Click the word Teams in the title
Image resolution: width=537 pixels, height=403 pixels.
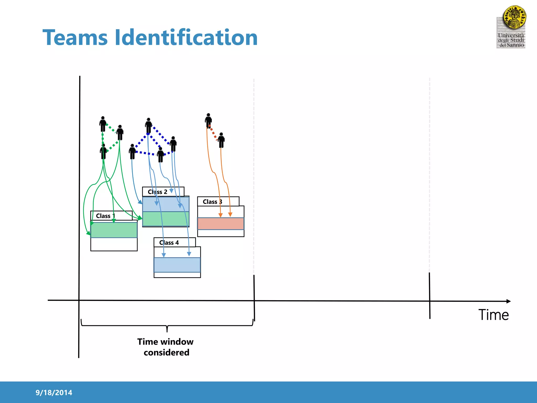pyautogui.click(x=75, y=38)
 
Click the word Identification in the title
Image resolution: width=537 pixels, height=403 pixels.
pyautogui.click(x=186, y=38)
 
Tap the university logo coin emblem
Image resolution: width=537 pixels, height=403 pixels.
pyautogui.click(x=514, y=17)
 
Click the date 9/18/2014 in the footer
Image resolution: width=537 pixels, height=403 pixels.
pyautogui.click(x=54, y=393)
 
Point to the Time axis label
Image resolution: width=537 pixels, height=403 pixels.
pyautogui.click(x=493, y=315)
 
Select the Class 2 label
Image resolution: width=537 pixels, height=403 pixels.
pyautogui.click(x=157, y=192)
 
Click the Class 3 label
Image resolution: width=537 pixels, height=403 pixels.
pyautogui.click(x=212, y=202)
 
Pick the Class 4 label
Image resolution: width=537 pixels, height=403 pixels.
pyautogui.click(x=169, y=243)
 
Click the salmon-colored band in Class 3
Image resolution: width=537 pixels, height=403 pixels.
pyautogui.click(x=221, y=224)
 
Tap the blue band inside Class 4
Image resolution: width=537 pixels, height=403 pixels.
pyautogui.click(x=177, y=265)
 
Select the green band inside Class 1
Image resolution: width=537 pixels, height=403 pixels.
pyautogui.click(x=114, y=230)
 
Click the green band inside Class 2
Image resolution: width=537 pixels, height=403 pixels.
pyautogui.click(x=165, y=219)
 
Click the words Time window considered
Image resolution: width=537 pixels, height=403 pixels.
pyautogui.click(x=166, y=347)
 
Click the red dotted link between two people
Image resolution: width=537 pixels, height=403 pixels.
pyautogui.click(x=213, y=133)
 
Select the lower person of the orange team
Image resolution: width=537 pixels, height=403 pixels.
pyautogui.click(x=221, y=140)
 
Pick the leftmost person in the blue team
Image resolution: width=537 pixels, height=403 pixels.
pyautogui.click(x=132, y=151)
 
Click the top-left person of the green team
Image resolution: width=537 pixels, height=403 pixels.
pyautogui.click(x=103, y=124)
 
